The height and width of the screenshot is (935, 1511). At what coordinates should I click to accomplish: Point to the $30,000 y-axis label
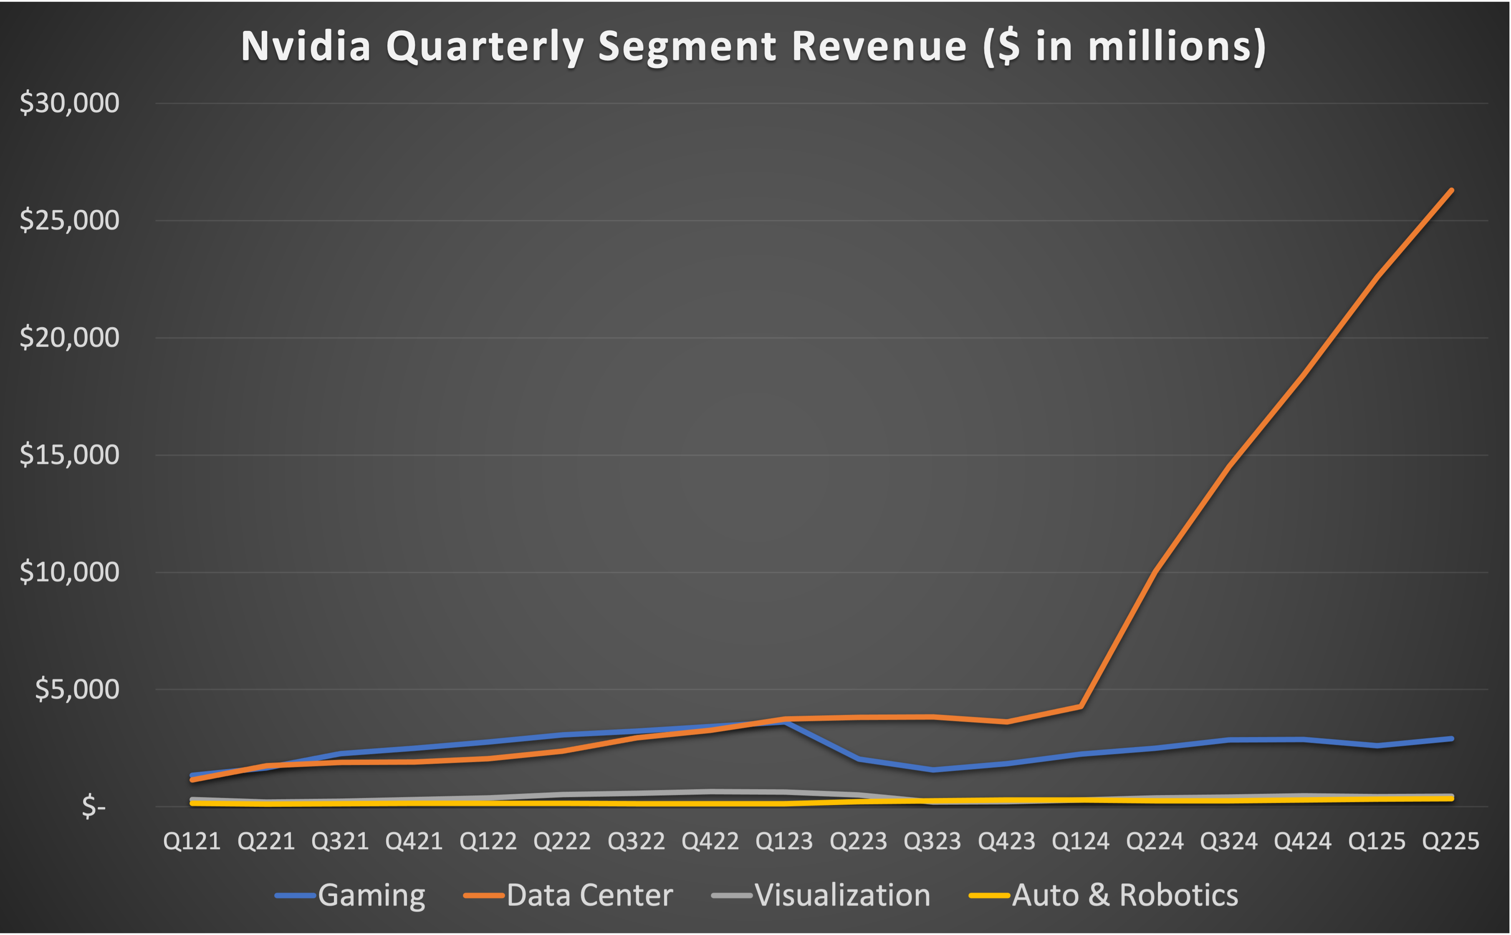[69, 103]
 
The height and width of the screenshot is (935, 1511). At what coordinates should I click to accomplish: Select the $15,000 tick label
[69, 454]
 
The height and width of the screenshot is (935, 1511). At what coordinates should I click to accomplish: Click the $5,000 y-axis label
[77, 689]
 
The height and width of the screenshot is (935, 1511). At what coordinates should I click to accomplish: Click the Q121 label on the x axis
[192, 842]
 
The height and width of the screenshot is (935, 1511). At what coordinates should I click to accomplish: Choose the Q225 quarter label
[1450, 842]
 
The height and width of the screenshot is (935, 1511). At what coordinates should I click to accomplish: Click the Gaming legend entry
[371, 895]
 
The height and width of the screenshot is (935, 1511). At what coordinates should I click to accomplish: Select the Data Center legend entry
[589, 895]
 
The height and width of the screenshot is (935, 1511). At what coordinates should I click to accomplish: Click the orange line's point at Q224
[1155, 572]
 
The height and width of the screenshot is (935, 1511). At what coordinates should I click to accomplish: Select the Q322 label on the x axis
[636, 842]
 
